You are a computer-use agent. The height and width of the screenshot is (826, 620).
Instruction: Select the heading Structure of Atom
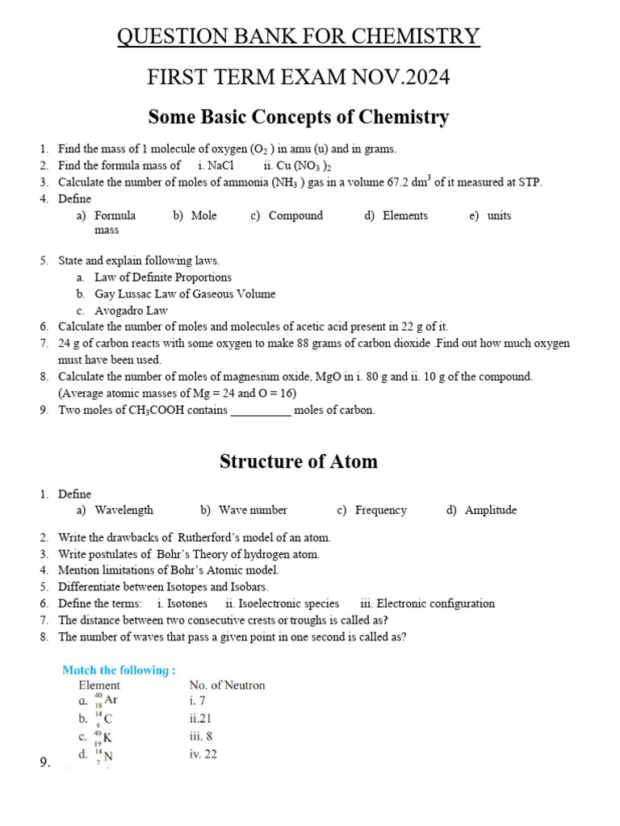[x=298, y=461]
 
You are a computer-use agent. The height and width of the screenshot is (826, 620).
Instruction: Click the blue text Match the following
[x=119, y=670]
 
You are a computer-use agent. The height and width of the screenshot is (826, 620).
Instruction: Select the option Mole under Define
[x=203, y=215]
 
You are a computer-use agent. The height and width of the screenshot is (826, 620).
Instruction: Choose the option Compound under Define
[x=295, y=215]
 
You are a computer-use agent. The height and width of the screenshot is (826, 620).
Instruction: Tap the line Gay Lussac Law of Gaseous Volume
[x=185, y=294]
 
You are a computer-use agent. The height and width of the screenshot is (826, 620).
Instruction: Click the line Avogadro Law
[x=131, y=311]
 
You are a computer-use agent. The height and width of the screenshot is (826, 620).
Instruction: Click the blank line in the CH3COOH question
[x=261, y=411]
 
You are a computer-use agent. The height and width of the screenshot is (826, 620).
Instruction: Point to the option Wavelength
[x=124, y=510]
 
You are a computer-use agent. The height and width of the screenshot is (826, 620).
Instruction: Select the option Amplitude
[x=491, y=510]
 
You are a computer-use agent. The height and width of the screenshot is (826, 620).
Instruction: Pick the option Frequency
[x=381, y=510]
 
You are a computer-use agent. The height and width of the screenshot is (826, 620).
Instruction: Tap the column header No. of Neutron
[x=227, y=686]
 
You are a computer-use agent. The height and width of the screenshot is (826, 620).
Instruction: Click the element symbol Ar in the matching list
[x=111, y=700]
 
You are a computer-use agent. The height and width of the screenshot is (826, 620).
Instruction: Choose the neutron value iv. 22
[x=203, y=754]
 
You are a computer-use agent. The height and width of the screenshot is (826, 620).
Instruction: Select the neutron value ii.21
[x=201, y=718]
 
